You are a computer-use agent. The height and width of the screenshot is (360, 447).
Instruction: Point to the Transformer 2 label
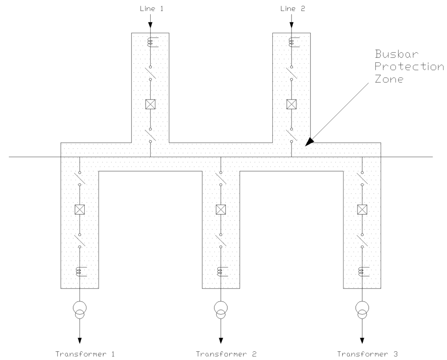(x=221, y=353)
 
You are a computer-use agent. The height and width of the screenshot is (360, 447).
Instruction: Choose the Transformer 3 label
(x=362, y=353)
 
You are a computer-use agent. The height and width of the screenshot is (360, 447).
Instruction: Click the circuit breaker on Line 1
(x=150, y=104)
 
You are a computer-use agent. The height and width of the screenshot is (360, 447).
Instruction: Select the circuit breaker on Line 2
(x=291, y=104)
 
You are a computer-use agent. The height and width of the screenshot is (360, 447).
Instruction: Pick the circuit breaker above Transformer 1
(x=79, y=209)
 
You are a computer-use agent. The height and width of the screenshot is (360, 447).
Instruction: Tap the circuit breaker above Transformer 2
(x=221, y=209)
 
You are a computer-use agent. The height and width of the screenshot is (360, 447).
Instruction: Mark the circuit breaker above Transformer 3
(x=361, y=209)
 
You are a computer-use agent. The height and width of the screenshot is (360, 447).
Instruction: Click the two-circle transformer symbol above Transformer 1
(x=79, y=309)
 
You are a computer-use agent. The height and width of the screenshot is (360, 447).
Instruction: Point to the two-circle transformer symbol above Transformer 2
(x=221, y=309)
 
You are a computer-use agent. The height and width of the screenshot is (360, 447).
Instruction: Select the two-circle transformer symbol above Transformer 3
(x=361, y=309)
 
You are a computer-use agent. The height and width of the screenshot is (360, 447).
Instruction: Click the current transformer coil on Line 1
(x=151, y=42)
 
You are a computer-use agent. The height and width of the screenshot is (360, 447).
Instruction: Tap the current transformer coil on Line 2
(x=292, y=42)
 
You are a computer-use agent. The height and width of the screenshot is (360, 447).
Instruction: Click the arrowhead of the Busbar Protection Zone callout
(x=309, y=141)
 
